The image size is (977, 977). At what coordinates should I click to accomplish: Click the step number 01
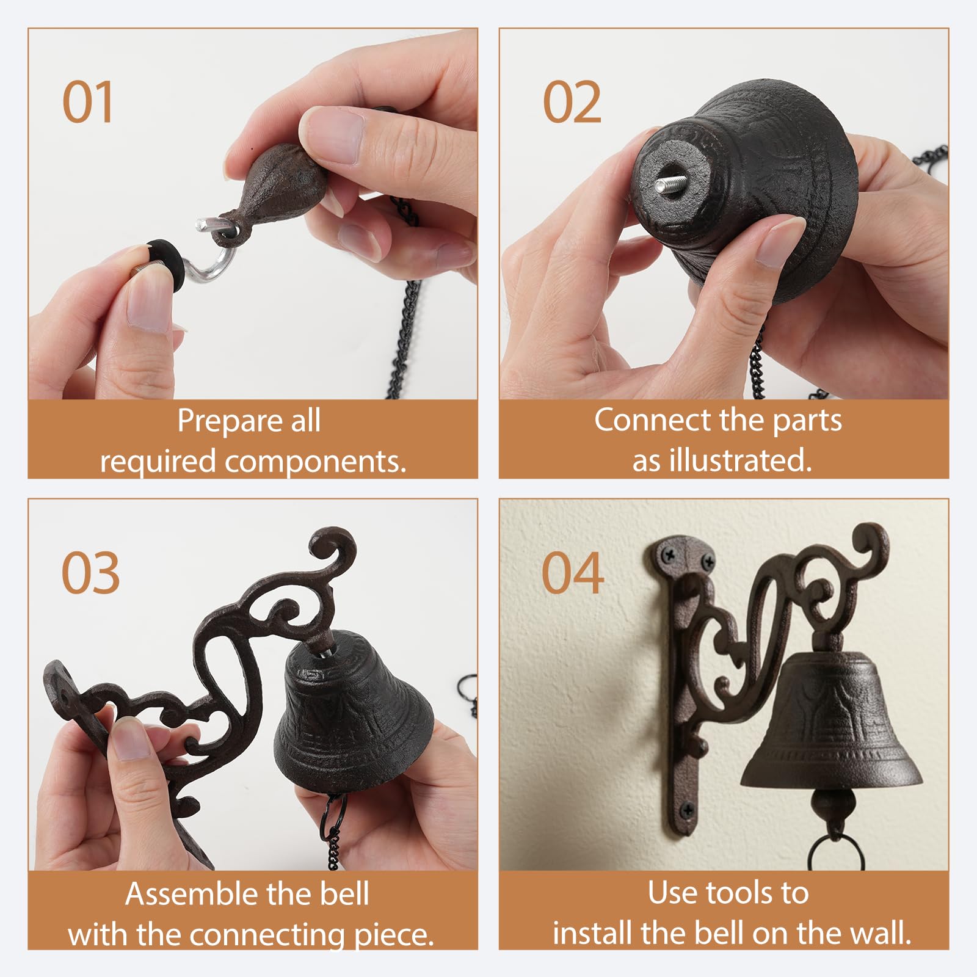tap(87, 102)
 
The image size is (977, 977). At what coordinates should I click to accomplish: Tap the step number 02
tap(572, 102)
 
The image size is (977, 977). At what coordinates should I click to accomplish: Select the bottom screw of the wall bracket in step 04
tap(688, 810)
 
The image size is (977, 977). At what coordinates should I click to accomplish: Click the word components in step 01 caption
tap(315, 462)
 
